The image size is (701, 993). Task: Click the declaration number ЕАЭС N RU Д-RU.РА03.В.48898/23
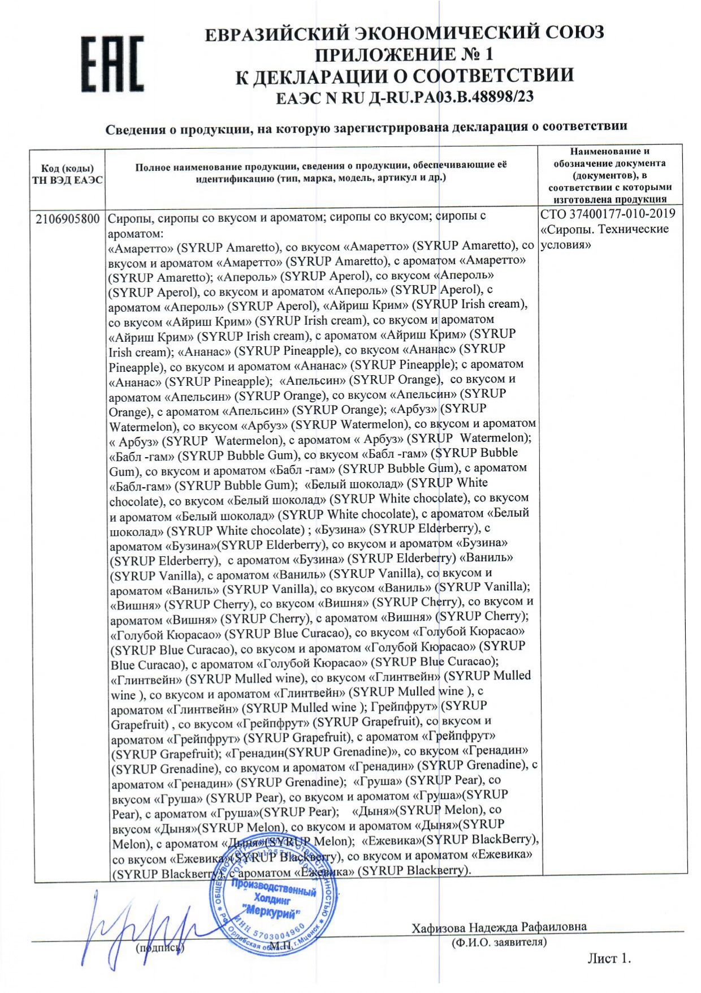404,97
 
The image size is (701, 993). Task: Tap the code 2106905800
68,219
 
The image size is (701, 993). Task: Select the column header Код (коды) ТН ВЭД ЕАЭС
68,174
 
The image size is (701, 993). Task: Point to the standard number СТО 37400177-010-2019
608,214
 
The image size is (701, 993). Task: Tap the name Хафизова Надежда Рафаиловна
499,927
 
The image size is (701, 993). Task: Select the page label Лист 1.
608,958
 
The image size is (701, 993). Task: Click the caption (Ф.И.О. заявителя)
499,942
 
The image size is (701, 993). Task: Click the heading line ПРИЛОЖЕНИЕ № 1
404,54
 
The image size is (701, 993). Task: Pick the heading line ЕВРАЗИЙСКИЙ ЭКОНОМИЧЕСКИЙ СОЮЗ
404,33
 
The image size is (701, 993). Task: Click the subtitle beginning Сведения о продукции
366,128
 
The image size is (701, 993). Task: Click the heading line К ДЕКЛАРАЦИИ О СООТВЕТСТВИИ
404,76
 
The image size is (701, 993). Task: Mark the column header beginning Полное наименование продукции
321,171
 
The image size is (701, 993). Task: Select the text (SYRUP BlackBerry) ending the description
416,870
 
